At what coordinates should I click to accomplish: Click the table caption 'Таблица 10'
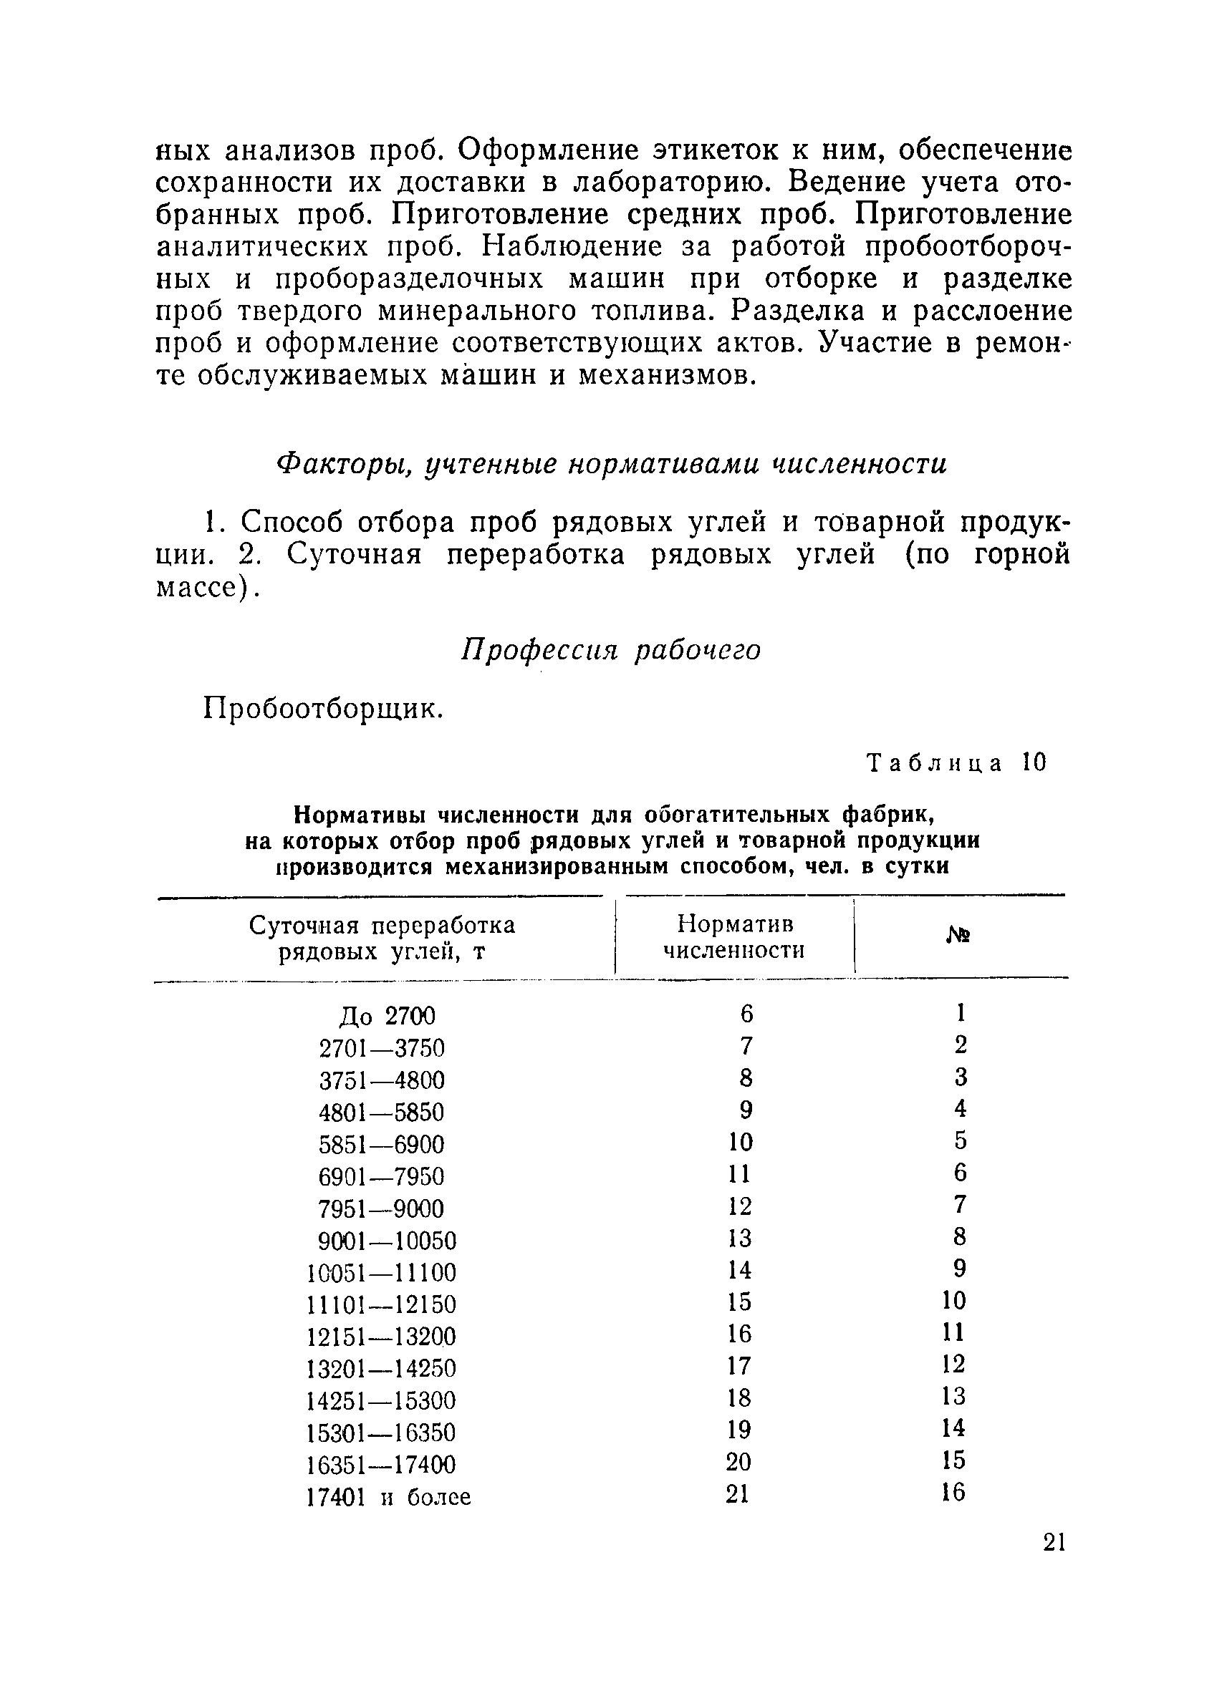[957, 762]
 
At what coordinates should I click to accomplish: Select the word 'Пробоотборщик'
[322, 708]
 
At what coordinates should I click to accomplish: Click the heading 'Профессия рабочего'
[611, 650]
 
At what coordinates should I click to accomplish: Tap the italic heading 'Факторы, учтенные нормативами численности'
[611, 464]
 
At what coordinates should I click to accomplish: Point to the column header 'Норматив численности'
[734, 937]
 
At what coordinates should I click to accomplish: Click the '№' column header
[958, 936]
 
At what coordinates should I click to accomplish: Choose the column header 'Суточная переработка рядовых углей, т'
[381, 939]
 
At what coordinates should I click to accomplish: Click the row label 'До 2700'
[386, 1015]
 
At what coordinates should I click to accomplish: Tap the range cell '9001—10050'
[386, 1241]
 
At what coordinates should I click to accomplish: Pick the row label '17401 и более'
[388, 1497]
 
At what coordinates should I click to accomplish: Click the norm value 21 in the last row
[737, 1494]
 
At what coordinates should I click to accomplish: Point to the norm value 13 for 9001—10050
[739, 1239]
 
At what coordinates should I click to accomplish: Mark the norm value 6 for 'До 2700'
[746, 1014]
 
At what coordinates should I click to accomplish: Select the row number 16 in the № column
[953, 1493]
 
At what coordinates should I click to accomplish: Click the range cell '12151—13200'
[380, 1336]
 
